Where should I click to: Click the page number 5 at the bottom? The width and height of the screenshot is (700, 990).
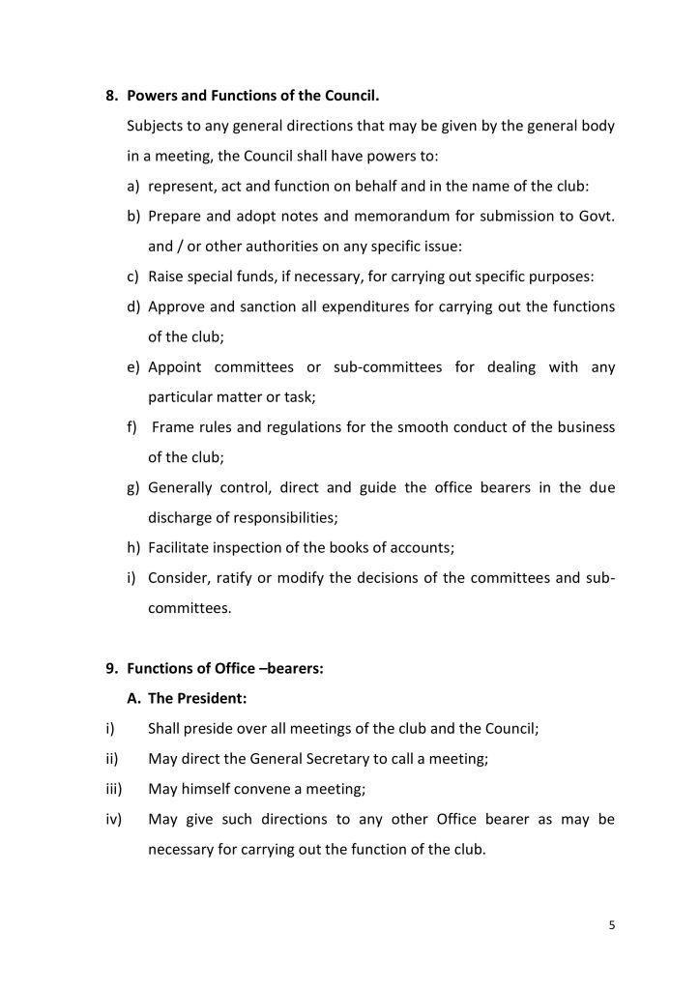(612, 925)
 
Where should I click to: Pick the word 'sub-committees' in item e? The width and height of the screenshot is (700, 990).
(388, 367)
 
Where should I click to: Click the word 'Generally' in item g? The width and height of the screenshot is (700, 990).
(180, 487)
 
